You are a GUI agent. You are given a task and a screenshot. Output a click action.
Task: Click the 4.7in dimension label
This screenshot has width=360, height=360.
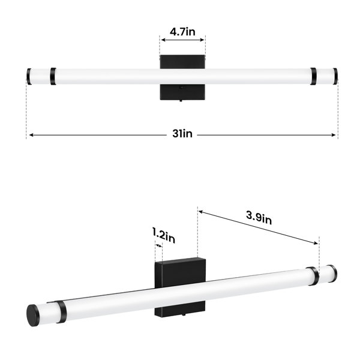182,31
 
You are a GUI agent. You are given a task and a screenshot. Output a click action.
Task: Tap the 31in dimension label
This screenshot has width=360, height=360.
182,134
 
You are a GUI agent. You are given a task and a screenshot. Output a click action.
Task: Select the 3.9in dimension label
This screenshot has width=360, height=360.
259,218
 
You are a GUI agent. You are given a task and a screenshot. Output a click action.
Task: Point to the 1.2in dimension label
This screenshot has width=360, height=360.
164,235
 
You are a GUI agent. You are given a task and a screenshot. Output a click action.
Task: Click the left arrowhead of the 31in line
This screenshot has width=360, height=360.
31,135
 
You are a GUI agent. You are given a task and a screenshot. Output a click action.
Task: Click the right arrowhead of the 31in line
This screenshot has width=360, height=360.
334,135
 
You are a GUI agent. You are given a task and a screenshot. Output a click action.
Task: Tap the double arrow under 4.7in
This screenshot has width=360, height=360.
182,40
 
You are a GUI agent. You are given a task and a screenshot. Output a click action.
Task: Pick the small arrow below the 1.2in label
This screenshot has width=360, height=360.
158,246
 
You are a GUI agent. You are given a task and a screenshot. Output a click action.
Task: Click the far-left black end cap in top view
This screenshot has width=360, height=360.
29,76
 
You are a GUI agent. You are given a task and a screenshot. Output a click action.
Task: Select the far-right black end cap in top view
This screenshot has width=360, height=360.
335,76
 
